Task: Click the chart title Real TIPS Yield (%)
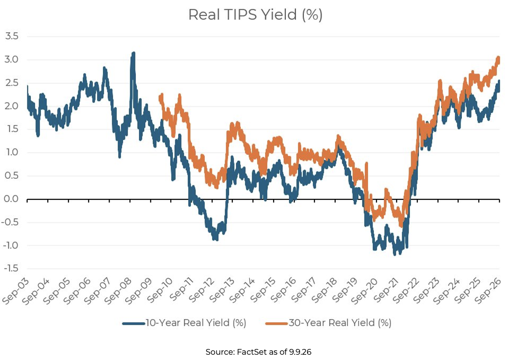[x=255, y=15]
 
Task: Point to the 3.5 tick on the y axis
[x=11, y=36]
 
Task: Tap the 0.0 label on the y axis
[x=11, y=199]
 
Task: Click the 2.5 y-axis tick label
[x=11, y=83]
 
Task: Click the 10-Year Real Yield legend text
[x=196, y=323]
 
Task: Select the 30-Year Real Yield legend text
[x=340, y=323]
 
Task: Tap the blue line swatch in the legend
[x=134, y=323]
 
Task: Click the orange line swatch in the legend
[x=277, y=323]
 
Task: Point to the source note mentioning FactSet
[x=258, y=352]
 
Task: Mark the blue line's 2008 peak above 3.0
[x=133, y=53]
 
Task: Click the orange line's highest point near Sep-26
[x=498, y=57]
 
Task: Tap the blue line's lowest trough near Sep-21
[x=395, y=254]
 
